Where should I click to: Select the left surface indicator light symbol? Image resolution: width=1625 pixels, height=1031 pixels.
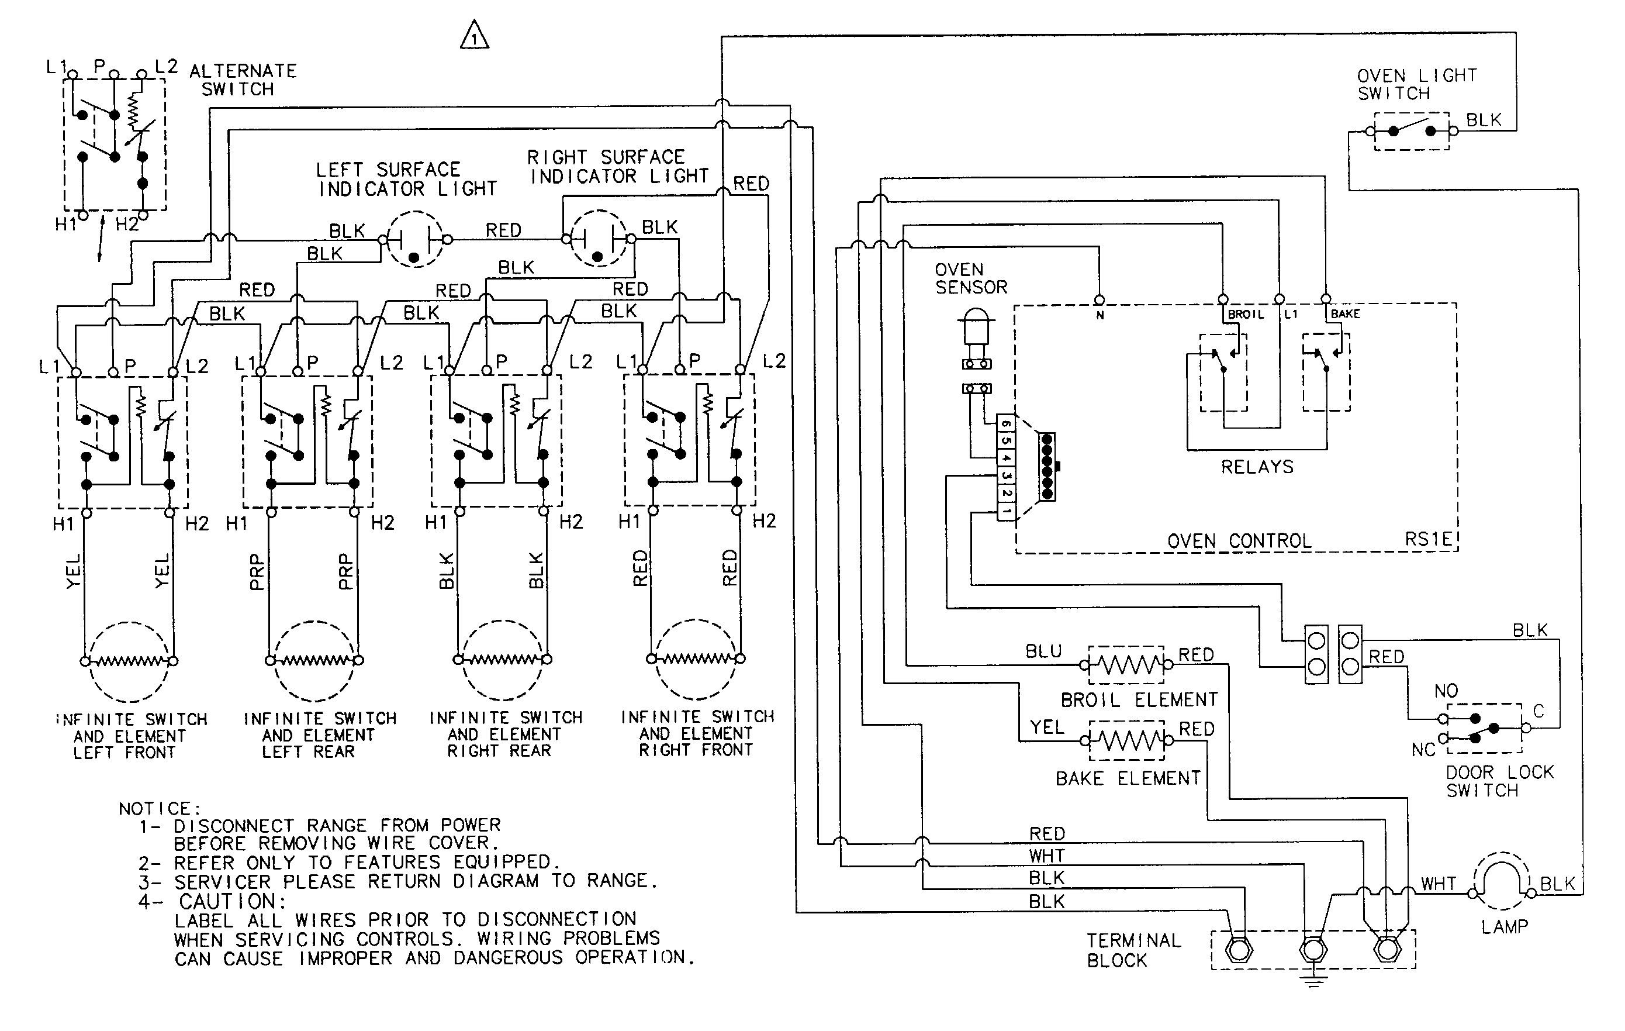point(414,240)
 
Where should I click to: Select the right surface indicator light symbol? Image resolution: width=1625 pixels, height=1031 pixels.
point(598,239)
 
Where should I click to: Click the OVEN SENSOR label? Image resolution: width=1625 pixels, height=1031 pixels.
point(970,278)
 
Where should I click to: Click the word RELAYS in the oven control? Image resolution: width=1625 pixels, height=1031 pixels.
point(1257,467)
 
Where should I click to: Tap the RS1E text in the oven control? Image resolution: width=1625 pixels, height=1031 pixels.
point(1427,539)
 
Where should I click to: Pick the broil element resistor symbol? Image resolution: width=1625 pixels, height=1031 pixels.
point(1126,665)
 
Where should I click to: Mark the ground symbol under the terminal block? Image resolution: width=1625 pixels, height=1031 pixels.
point(1313,980)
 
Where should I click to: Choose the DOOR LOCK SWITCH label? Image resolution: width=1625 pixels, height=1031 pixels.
point(1499,781)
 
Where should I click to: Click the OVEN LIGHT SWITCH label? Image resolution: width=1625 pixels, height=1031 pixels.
point(1416,84)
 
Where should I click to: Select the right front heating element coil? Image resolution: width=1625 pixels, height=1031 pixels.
point(696,658)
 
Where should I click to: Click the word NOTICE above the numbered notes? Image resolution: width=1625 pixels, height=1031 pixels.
point(159,808)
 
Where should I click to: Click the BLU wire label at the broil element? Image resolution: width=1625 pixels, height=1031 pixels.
point(1043,651)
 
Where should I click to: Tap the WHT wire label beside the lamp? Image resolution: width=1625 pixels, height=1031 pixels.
point(1438,884)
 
